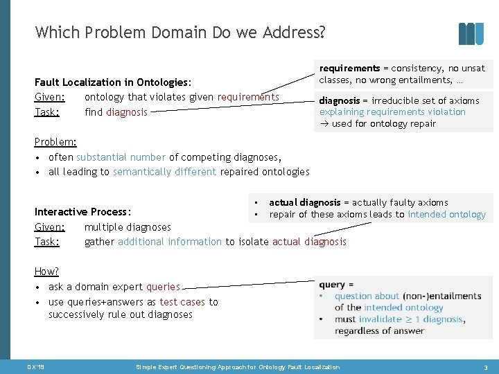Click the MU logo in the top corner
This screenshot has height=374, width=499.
click(x=471, y=34)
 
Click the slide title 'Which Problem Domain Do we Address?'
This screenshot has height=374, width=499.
click(x=180, y=33)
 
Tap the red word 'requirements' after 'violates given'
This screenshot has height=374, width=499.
click(x=248, y=97)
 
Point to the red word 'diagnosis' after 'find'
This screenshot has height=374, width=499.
click(x=127, y=112)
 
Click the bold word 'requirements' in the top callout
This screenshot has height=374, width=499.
click(x=349, y=69)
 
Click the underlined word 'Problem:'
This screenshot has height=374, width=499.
click(x=55, y=142)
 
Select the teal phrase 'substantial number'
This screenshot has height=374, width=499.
click(x=121, y=157)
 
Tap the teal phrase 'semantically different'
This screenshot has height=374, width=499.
click(x=164, y=172)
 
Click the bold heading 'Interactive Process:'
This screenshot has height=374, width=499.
click(x=83, y=212)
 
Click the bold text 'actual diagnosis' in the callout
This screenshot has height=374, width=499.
click(x=305, y=202)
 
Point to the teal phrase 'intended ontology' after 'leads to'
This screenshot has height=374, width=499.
click(x=446, y=214)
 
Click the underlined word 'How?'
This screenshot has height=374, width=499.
click(x=46, y=272)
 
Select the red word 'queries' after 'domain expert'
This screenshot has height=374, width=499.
click(x=163, y=287)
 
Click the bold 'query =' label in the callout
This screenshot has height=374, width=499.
click(x=337, y=285)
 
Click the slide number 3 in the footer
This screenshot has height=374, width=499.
click(x=486, y=367)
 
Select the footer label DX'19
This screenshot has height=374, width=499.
click(x=36, y=367)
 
